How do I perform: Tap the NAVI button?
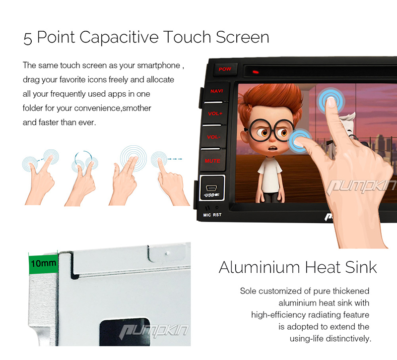point(216,91)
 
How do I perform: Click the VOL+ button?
point(215,114)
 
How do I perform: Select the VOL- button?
point(213,137)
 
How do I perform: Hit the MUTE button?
point(212,161)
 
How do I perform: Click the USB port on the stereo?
point(212,188)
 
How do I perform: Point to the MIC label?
point(207,215)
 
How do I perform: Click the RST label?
point(217,215)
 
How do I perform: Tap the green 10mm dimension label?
point(43,263)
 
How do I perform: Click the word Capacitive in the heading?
point(119,38)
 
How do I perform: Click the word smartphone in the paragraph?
point(158,65)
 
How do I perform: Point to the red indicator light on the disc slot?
point(256,72)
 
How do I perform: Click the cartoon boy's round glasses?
point(270,130)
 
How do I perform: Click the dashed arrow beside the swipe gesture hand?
point(175,159)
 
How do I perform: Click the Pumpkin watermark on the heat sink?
point(154,331)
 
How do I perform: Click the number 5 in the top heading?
point(28,39)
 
